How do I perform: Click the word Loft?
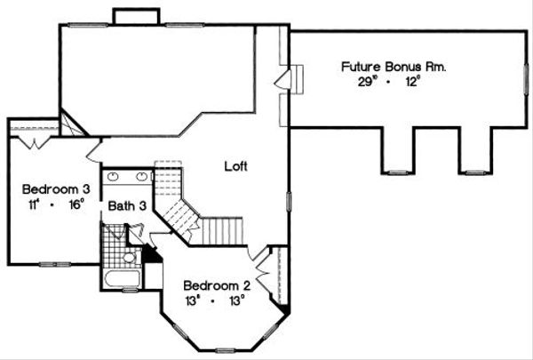coord(235,165)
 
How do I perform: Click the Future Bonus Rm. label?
coord(394,66)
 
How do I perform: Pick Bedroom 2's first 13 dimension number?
coord(193,300)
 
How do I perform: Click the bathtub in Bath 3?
coord(120,281)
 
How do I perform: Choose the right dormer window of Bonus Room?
coord(476,171)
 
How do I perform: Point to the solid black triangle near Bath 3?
coord(151,254)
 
